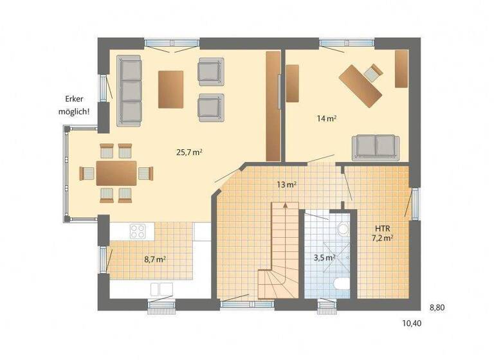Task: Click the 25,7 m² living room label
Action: click(x=190, y=152)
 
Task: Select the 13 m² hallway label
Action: click(x=286, y=185)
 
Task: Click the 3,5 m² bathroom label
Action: click(x=324, y=258)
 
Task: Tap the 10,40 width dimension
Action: click(x=412, y=323)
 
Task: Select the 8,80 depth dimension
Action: click(x=437, y=307)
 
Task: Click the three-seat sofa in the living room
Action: click(x=129, y=90)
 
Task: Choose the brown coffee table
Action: click(x=171, y=89)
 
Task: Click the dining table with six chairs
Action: click(x=116, y=173)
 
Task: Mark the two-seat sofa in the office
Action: click(x=375, y=147)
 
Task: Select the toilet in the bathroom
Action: click(x=342, y=285)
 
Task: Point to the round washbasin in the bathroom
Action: click(x=343, y=229)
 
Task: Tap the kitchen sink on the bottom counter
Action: click(x=161, y=288)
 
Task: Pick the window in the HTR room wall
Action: click(x=416, y=204)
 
